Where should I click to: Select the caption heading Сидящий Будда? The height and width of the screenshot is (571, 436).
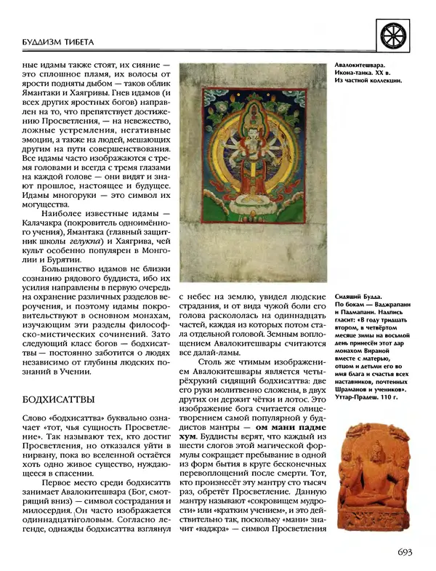[364, 298]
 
